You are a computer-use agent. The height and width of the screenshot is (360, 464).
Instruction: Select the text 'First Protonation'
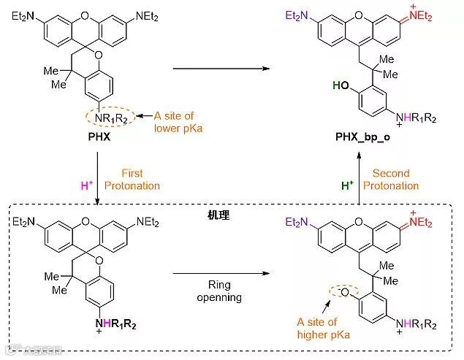tap(132, 179)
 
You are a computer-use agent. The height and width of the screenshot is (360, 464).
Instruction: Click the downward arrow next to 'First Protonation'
tap(98, 179)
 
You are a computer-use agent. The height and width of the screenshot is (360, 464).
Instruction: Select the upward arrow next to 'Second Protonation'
tap(360, 179)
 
